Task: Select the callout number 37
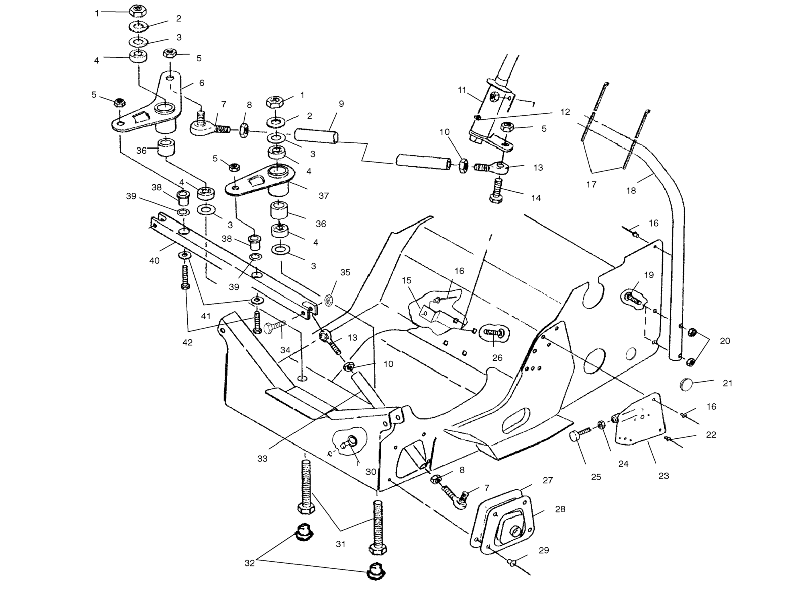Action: (x=324, y=196)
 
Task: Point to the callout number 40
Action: (x=154, y=261)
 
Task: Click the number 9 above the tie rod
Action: (x=341, y=103)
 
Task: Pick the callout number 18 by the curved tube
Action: (x=631, y=191)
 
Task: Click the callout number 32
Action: (x=250, y=563)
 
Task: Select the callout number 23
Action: (x=664, y=476)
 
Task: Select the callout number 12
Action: (x=565, y=112)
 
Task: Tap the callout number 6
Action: (x=202, y=83)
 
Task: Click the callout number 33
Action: (x=262, y=458)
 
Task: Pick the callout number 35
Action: (x=345, y=272)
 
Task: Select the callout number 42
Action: (x=187, y=342)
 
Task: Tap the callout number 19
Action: (x=649, y=275)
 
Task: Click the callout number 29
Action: (x=544, y=550)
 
